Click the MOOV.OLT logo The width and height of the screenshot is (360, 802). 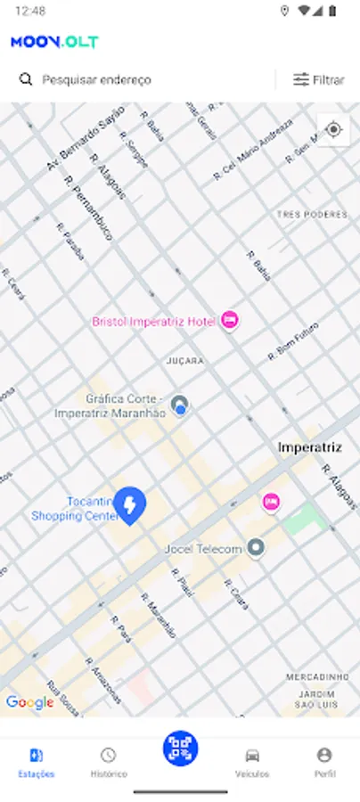54,42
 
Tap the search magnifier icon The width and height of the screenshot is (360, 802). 26,79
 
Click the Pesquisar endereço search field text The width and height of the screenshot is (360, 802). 97,79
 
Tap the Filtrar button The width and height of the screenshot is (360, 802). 319,79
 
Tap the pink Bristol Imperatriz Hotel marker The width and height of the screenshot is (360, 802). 230,320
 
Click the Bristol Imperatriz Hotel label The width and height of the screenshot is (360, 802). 153,321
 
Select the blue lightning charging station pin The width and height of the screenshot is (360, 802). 130,505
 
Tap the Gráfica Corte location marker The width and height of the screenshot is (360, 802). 181,407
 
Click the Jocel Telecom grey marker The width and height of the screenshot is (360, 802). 257,548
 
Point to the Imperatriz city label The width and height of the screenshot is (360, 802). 310,446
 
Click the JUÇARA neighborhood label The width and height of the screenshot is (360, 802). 185,361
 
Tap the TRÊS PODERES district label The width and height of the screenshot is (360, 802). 311,215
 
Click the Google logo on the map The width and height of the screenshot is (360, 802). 29,702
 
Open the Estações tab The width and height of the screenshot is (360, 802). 37,762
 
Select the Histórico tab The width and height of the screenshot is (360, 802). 109,762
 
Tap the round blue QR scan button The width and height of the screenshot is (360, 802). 181,749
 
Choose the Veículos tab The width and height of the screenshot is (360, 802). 252,762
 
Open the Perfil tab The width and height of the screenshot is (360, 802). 324,762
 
